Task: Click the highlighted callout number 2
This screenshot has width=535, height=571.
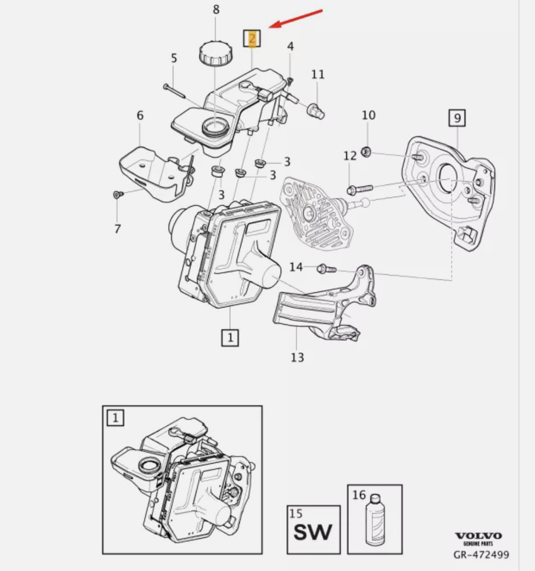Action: click(x=252, y=39)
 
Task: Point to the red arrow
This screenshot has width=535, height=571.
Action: click(x=296, y=18)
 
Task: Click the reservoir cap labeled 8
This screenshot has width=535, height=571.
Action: click(x=215, y=53)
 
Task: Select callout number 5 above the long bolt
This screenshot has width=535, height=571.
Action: click(x=174, y=58)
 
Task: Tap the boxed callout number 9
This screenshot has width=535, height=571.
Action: click(x=457, y=118)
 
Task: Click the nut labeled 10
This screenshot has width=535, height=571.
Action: click(x=366, y=152)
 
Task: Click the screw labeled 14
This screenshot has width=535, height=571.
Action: click(x=326, y=269)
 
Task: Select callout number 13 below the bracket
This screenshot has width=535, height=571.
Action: click(x=297, y=357)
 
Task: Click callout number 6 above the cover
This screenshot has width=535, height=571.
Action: click(x=140, y=115)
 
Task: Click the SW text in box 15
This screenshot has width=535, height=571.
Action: click(x=313, y=533)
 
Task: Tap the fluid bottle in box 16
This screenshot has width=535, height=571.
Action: click(x=375, y=520)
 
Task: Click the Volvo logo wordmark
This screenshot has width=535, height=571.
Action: click(x=478, y=536)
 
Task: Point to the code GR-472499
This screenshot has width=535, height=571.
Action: click(x=481, y=555)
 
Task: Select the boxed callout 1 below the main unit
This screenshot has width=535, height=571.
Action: click(x=230, y=338)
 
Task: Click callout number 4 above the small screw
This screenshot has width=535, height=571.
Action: click(x=290, y=46)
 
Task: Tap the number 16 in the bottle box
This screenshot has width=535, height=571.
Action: click(x=359, y=495)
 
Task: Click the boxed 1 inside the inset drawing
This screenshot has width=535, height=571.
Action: click(x=115, y=418)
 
